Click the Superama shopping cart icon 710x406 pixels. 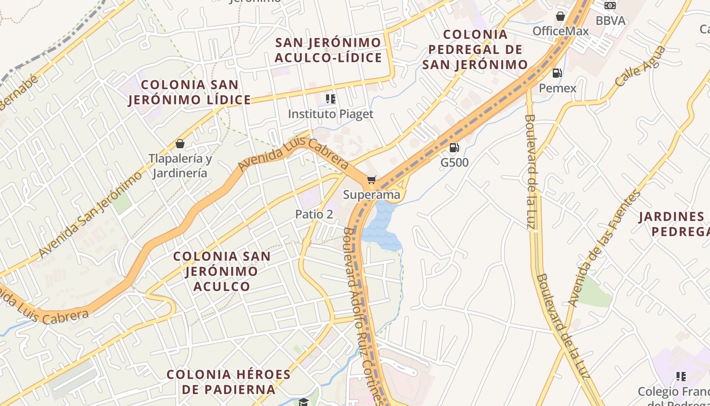point(372,180)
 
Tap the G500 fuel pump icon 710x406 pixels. point(454,148)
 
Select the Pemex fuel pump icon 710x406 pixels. point(557,73)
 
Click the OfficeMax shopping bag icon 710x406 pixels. point(560,16)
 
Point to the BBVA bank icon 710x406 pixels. point(610,6)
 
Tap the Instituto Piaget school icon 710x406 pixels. point(331,99)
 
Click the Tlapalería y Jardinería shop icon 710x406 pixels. point(180,144)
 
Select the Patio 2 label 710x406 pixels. point(314,214)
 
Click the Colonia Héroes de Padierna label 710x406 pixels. point(228,382)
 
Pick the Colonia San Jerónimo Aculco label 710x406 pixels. point(222,271)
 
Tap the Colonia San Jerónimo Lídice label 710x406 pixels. point(190,92)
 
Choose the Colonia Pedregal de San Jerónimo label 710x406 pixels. point(475,50)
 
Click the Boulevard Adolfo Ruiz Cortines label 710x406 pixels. point(361,315)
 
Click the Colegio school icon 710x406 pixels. point(681,376)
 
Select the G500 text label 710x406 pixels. point(454,163)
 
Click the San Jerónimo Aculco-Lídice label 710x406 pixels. point(328,50)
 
